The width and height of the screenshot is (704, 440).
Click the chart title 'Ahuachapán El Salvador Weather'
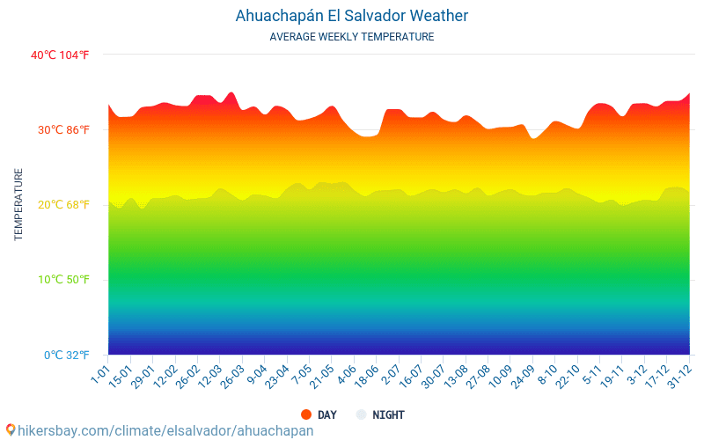(x=351, y=16)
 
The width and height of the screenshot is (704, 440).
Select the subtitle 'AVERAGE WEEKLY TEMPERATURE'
(x=351, y=37)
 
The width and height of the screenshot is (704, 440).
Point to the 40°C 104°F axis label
(x=60, y=55)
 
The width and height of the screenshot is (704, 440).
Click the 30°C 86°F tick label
(x=63, y=129)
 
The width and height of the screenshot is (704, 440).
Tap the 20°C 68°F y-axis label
(x=63, y=205)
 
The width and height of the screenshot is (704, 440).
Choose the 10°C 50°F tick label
(x=63, y=280)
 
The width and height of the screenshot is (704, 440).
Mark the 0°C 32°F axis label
(x=67, y=356)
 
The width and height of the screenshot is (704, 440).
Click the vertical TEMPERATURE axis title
(x=18, y=204)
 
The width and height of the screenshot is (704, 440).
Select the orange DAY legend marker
(x=306, y=414)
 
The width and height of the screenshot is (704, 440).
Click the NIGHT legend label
(x=388, y=414)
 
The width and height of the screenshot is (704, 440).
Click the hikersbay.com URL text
(x=165, y=430)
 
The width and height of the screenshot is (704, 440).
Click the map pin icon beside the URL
(x=11, y=430)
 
